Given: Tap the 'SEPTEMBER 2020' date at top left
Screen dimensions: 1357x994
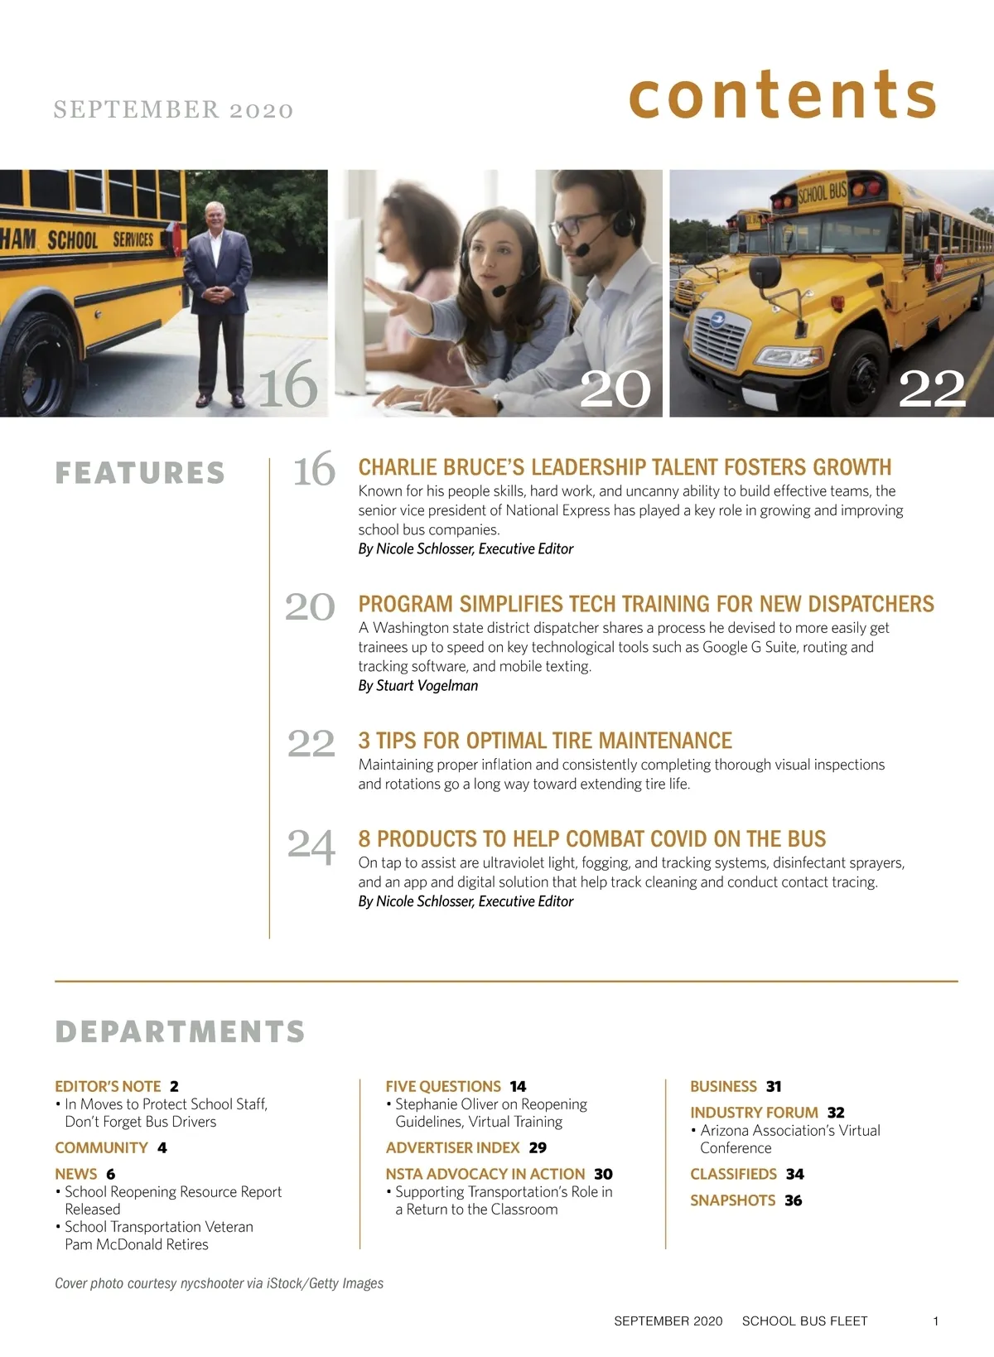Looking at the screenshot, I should point(173,109).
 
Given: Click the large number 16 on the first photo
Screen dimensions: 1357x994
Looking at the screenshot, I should point(287,385).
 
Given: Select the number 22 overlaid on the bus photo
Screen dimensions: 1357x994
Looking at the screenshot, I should point(932,388).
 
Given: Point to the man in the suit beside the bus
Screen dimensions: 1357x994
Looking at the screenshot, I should point(217,298).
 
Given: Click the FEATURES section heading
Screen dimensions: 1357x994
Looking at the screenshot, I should point(140,473).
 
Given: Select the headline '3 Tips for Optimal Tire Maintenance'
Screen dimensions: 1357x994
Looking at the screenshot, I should point(545,740).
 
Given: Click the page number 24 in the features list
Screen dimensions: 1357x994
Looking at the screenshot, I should point(311,845).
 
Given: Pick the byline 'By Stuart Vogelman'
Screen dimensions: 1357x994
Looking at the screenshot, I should point(417,685).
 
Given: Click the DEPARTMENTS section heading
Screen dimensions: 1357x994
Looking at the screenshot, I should point(180,1031).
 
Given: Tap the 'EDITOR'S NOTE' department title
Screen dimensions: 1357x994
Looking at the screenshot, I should point(108,1086).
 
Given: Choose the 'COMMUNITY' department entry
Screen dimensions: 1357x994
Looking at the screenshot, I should point(101,1147).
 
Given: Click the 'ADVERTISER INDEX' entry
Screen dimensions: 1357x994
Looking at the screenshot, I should point(452,1147).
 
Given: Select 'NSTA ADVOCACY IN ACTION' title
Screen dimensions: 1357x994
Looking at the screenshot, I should point(485,1174).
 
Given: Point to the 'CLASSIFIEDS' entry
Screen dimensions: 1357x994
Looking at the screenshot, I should point(733,1174).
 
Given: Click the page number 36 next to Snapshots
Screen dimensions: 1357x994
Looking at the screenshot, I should point(793,1200).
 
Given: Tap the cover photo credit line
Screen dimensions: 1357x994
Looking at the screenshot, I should point(219,1283).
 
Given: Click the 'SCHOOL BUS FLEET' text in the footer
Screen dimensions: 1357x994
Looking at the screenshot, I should point(804,1321).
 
